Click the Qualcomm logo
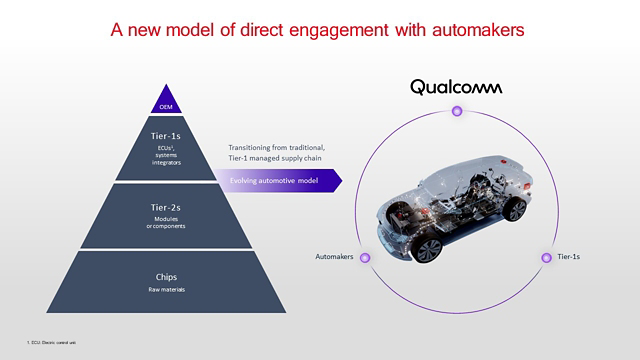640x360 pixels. [456, 87]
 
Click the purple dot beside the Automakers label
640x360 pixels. [366, 257]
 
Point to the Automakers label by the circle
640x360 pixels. [334, 257]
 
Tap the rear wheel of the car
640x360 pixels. [514, 209]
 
